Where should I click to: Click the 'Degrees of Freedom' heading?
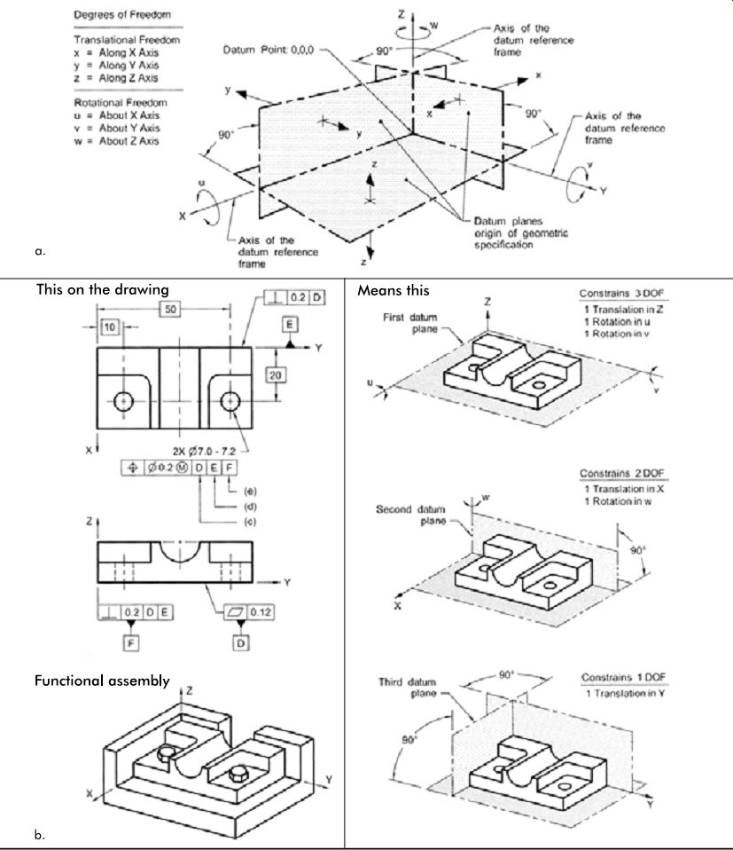(x=122, y=14)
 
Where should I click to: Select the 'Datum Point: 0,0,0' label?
(x=268, y=50)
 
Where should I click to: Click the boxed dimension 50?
(x=170, y=309)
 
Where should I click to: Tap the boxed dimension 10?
(x=110, y=327)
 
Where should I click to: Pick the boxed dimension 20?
(x=276, y=374)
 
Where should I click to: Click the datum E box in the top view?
(x=290, y=324)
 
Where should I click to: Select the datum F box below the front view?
(x=131, y=643)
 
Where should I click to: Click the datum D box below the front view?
(x=241, y=643)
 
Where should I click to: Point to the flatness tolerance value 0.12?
(x=260, y=612)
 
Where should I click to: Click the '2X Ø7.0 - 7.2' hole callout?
(x=204, y=451)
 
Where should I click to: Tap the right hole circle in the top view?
(x=230, y=402)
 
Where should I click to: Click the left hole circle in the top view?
(x=124, y=402)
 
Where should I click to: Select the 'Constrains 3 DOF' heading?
(x=621, y=294)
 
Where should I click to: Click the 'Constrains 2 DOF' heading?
(x=621, y=473)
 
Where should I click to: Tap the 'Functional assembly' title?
(x=102, y=681)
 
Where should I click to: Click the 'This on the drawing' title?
(x=103, y=289)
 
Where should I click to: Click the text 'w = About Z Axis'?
(x=116, y=141)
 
